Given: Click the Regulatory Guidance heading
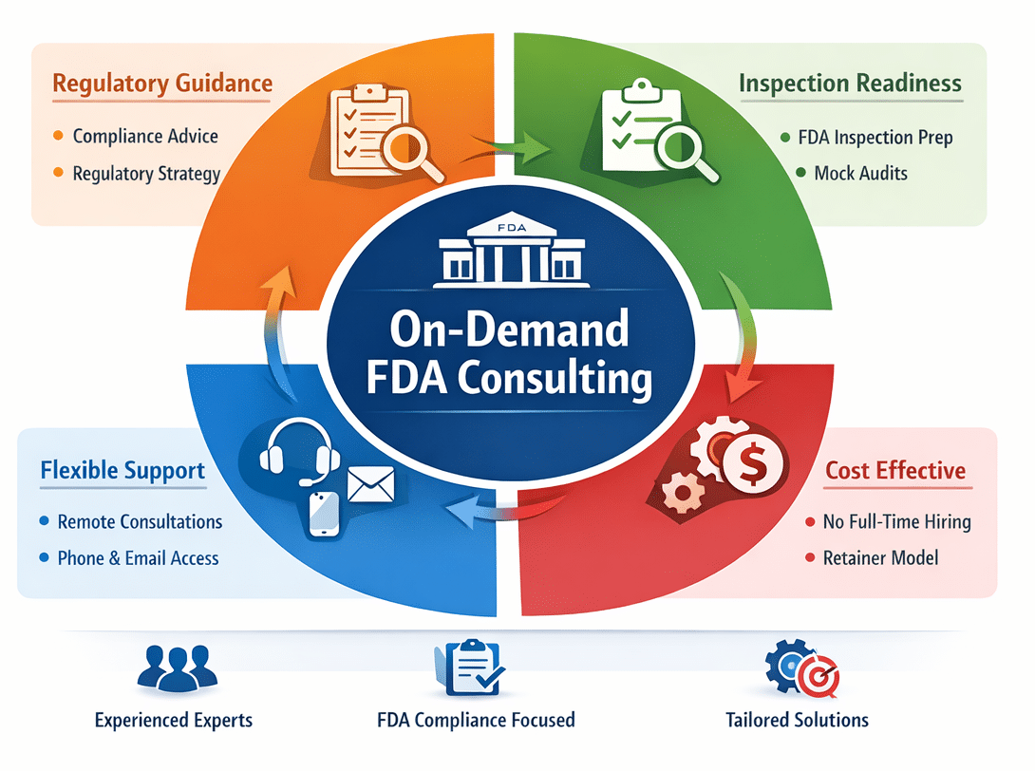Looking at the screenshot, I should click(x=162, y=83).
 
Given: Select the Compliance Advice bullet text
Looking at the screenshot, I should click(x=145, y=136).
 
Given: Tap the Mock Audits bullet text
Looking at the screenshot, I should click(x=860, y=173).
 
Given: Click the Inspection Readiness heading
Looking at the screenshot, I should click(x=850, y=84).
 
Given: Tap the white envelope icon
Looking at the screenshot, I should click(x=369, y=484).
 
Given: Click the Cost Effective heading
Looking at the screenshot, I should click(x=895, y=470).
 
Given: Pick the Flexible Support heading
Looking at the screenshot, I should click(x=122, y=470).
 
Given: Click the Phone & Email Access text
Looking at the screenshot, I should click(x=138, y=558).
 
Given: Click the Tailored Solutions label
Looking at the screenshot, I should click(x=797, y=720).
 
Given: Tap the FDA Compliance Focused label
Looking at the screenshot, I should click(x=476, y=720).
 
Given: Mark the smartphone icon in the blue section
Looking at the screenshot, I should click(x=324, y=513).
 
